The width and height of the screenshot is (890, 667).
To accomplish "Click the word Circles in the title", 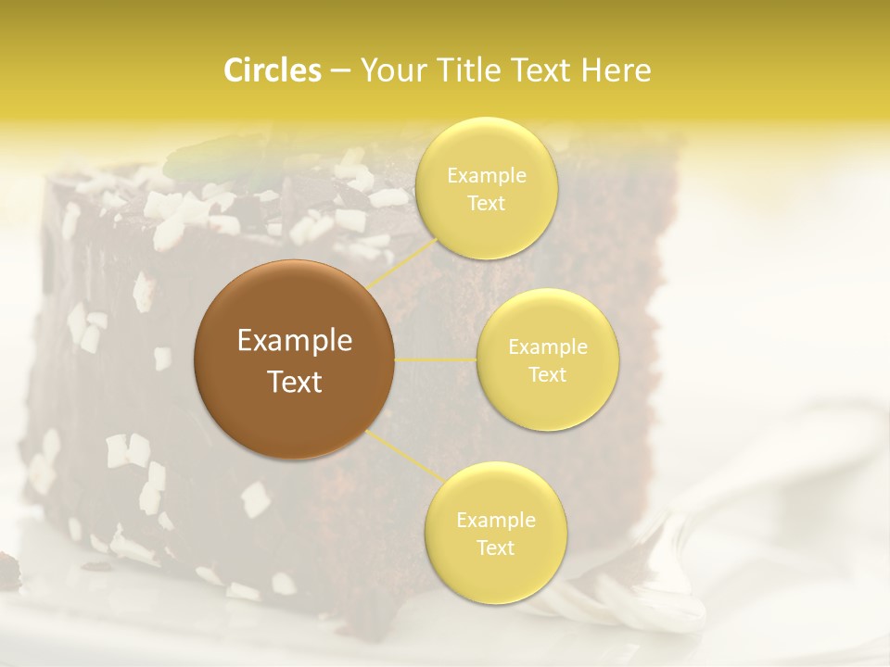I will [272, 70].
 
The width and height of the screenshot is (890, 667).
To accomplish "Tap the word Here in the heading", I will [617, 70].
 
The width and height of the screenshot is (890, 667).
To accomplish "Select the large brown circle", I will [295, 359].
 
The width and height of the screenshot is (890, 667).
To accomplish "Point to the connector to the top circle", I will [400, 261].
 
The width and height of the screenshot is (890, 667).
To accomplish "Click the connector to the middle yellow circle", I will [436, 359].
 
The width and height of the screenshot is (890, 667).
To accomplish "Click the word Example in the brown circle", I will [295, 341].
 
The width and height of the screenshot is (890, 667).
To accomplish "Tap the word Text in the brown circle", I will [295, 382].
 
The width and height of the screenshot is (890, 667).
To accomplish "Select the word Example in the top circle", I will [486, 176].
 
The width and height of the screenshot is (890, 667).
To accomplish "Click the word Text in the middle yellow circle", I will [547, 375].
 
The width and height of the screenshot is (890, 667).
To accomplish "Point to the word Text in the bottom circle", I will [495, 547].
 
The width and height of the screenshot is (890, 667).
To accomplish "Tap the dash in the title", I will [339, 70].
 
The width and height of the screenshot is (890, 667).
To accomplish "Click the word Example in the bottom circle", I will [495, 521].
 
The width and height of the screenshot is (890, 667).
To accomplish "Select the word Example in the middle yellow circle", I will [547, 347].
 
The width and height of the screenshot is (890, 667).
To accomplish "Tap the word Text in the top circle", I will [486, 203].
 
